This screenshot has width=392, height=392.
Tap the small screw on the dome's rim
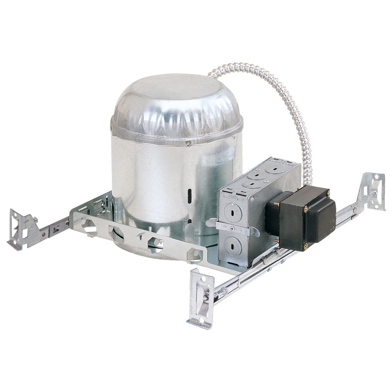(188, 144)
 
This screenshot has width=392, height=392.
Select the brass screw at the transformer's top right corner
(328, 194)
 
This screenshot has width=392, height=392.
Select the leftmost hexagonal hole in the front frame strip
(89, 226)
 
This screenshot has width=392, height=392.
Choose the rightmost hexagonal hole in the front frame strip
(194, 254)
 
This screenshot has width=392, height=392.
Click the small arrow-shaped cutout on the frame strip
(141, 237)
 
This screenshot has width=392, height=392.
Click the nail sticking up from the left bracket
(35, 220)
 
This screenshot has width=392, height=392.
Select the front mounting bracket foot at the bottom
(201, 299)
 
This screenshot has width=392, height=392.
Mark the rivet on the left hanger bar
(43, 234)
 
